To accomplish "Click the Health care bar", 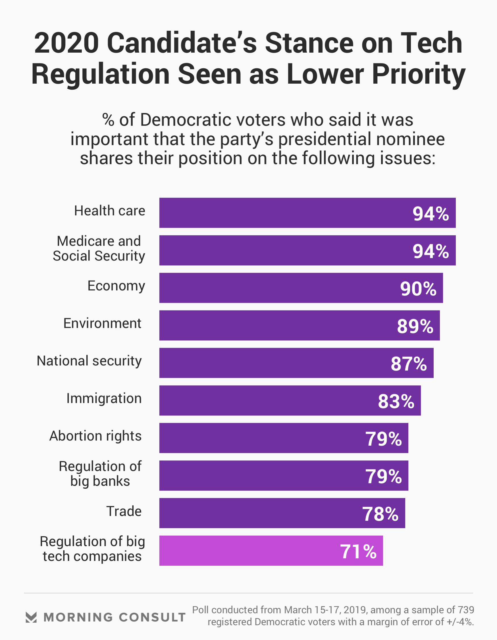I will click(307, 213).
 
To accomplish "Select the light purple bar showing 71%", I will click(271, 551).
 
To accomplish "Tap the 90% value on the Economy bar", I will click(418, 289).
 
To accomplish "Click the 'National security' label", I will click(89, 361).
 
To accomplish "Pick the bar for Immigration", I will click(290, 400).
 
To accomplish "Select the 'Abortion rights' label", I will click(95, 436).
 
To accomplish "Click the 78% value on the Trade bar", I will click(380, 514).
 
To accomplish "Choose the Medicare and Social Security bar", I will click(307, 250).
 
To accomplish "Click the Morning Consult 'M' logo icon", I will click(31, 617).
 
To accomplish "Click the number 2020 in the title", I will click(66, 43).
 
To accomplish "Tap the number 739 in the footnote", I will click(466, 610).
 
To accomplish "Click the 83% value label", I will click(396, 401).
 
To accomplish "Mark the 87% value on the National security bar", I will click(409, 364).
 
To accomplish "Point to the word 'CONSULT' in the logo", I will click(152, 618).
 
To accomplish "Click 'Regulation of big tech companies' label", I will click(92, 549).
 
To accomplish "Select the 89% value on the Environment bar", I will click(415, 326).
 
